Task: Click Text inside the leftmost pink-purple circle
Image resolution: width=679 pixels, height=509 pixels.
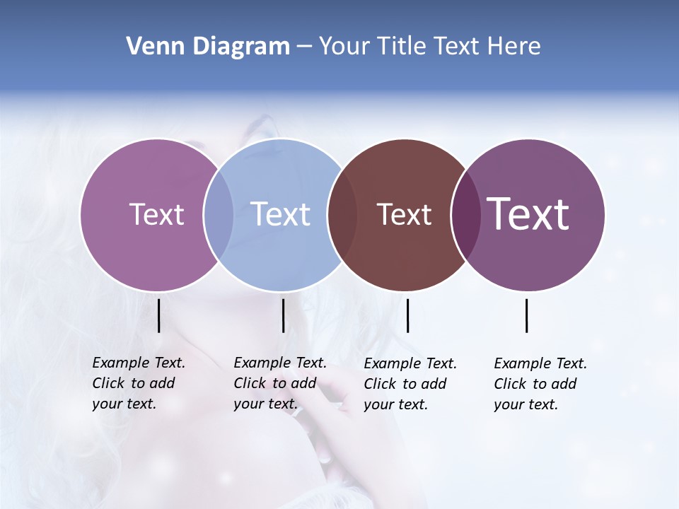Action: (x=156, y=214)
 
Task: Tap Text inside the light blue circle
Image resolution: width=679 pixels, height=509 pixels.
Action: (x=280, y=214)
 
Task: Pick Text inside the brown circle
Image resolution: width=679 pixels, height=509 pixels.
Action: (x=404, y=214)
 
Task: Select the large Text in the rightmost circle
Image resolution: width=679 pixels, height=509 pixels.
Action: (x=528, y=214)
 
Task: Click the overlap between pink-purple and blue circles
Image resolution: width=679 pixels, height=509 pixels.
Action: (x=219, y=214)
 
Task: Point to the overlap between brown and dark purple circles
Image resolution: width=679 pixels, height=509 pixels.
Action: (x=465, y=214)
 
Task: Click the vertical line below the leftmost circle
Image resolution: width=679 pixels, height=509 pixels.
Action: (x=159, y=315)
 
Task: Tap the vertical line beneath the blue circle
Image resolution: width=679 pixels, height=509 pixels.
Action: (x=283, y=315)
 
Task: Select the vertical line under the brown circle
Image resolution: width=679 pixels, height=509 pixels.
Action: (x=407, y=315)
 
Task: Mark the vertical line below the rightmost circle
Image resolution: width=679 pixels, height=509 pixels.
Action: (x=527, y=315)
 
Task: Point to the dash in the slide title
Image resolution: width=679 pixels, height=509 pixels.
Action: (x=304, y=47)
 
